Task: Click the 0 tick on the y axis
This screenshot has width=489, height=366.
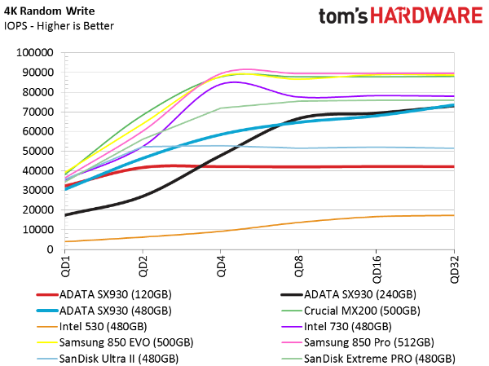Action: point(50,249)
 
